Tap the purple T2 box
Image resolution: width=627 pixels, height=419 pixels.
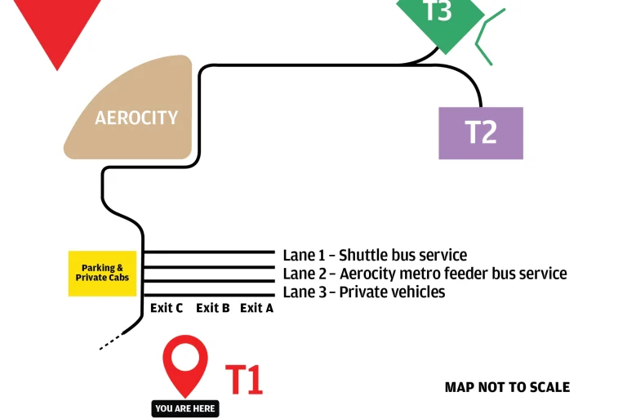pos(481,132)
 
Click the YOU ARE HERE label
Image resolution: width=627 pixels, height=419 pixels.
pos(186,408)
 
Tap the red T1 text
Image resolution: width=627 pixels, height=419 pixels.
pos(244,380)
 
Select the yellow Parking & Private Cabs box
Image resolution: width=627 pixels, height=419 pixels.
pos(102,273)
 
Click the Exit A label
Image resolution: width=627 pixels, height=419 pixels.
pos(256,308)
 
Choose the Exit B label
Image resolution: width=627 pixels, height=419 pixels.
pos(212,308)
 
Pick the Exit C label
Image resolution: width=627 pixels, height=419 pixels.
pos(167,308)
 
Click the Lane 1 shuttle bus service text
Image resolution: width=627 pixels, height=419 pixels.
pos(375,256)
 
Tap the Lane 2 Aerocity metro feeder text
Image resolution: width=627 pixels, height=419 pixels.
pos(425,274)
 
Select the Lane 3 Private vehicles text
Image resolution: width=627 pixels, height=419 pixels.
pos(364,292)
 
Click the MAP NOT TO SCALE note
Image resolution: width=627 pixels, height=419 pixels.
pos(507,387)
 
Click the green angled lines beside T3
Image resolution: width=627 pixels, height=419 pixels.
pos(488,36)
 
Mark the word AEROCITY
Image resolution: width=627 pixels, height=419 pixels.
pos(136,118)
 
